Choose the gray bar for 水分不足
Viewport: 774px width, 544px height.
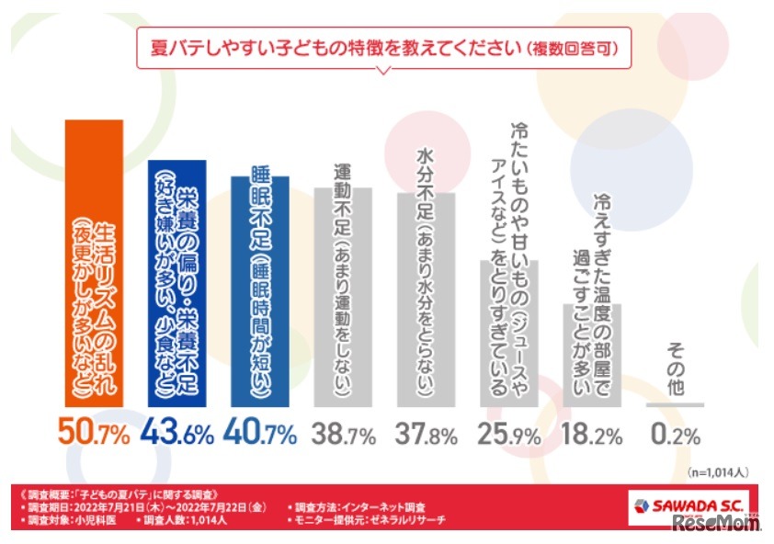pyautogui.click(x=425, y=299)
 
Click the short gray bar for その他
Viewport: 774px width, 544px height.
pyautogui.click(x=675, y=404)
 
